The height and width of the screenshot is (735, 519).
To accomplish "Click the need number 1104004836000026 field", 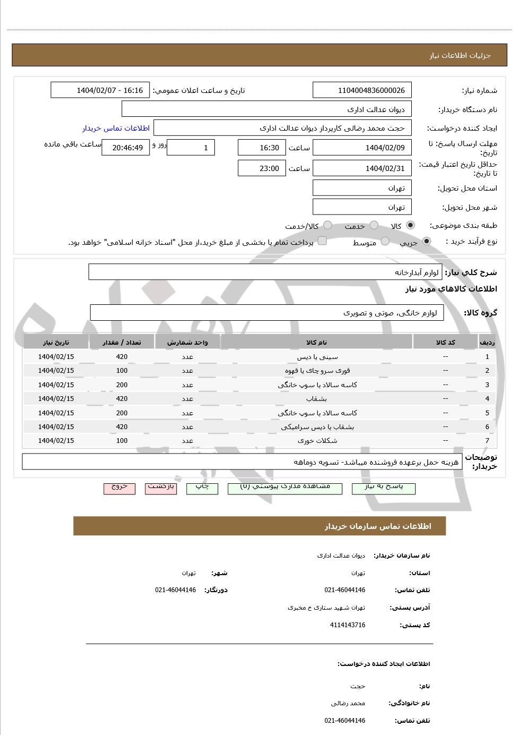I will (x=362, y=90).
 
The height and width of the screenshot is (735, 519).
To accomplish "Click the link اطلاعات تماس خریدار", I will (x=116, y=128).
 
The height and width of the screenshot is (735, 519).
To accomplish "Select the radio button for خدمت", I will (x=374, y=225).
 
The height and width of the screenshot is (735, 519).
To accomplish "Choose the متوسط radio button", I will (x=385, y=242).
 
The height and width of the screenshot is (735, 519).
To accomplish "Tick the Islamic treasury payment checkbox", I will (x=322, y=242).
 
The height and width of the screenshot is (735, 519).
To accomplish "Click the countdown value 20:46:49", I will (x=125, y=148).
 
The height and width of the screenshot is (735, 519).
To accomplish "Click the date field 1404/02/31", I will (x=362, y=168).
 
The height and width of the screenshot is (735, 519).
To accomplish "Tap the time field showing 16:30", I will (x=262, y=148).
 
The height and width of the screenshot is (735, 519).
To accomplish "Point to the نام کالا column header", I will (x=317, y=343).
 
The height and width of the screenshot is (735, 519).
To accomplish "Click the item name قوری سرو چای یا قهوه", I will (x=317, y=371).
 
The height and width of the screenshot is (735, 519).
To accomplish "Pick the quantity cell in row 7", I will (x=122, y=441).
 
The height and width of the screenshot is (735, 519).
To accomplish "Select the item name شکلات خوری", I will (x=317, y=441).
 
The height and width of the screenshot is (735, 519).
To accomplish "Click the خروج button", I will (x=119, y=488).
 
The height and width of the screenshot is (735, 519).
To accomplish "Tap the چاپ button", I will (x=202, y=488).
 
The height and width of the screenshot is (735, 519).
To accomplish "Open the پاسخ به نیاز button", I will (x=384, y=488).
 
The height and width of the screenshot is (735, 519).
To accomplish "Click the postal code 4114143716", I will (x=347, y=625).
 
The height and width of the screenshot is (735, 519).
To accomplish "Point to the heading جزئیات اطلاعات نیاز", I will (x=460, y=55).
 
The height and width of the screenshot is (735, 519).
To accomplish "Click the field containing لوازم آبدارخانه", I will (x=265, y=272).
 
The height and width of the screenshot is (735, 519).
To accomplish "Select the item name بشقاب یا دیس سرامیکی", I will (x=317, y=427).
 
